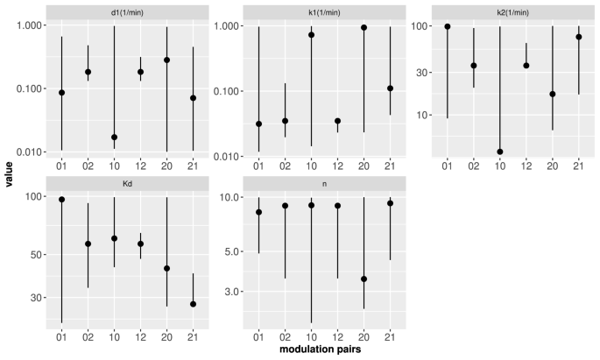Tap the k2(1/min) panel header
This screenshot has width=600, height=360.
(512, 11)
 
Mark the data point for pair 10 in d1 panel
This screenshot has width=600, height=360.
(114, 138)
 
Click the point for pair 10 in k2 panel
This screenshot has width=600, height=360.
(499, 152)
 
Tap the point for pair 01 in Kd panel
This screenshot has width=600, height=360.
(61, 200)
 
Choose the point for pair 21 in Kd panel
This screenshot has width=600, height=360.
(192, 304)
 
